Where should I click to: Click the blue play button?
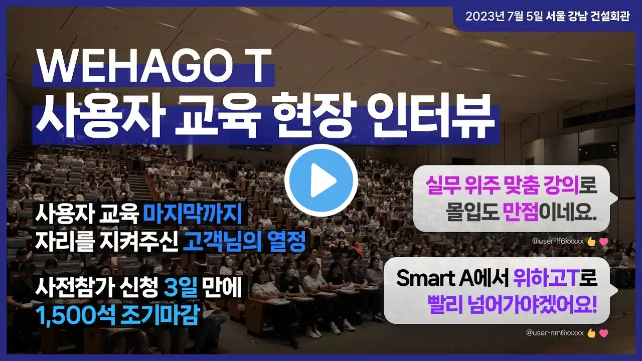coord(321,180)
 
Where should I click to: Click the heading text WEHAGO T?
coord(154,65)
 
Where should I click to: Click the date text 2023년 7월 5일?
coord(504,17)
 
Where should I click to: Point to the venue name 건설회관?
coord(610,17)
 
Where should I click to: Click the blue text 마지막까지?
coord(193,214)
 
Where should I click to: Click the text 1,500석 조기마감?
coord(117,315)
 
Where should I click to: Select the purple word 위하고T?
coord(545,278)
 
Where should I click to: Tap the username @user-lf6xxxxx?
coord(558,241)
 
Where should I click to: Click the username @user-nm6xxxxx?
coord(555,332)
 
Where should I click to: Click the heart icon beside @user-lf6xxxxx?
coord(603,242)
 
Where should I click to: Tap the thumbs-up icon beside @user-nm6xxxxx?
coord(591,333)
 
